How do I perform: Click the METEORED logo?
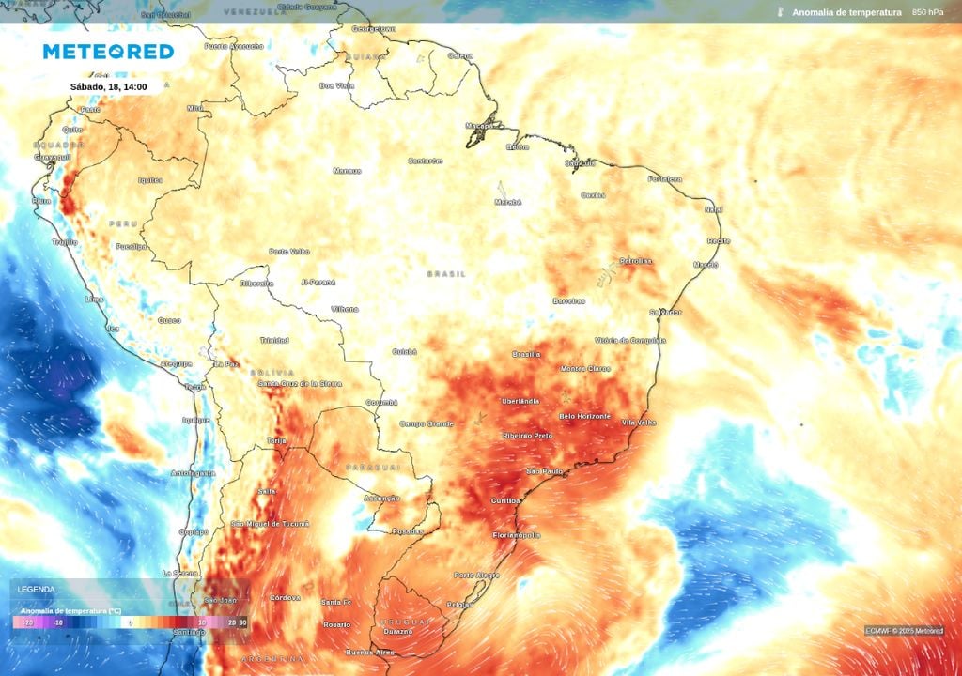[108, 52]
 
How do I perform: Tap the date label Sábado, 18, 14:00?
[108, 87]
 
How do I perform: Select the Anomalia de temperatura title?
[846, 12]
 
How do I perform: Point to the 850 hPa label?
[928, 12]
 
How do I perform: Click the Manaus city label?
[347, 171]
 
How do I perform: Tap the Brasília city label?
[526, 354]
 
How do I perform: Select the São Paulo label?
[544, 470]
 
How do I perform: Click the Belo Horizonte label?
[584, 416]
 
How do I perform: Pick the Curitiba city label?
[505, 501]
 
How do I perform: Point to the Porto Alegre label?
[476, 575]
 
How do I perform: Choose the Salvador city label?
[665, 312]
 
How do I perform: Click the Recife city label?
[719, 240]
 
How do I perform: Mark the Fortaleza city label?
[663, 178]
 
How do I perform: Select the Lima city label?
[94, 299]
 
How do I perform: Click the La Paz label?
[225, 363]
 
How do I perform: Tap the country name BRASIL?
[446, 274]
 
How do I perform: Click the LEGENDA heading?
[36, 589]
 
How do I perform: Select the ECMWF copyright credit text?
[904, 631]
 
